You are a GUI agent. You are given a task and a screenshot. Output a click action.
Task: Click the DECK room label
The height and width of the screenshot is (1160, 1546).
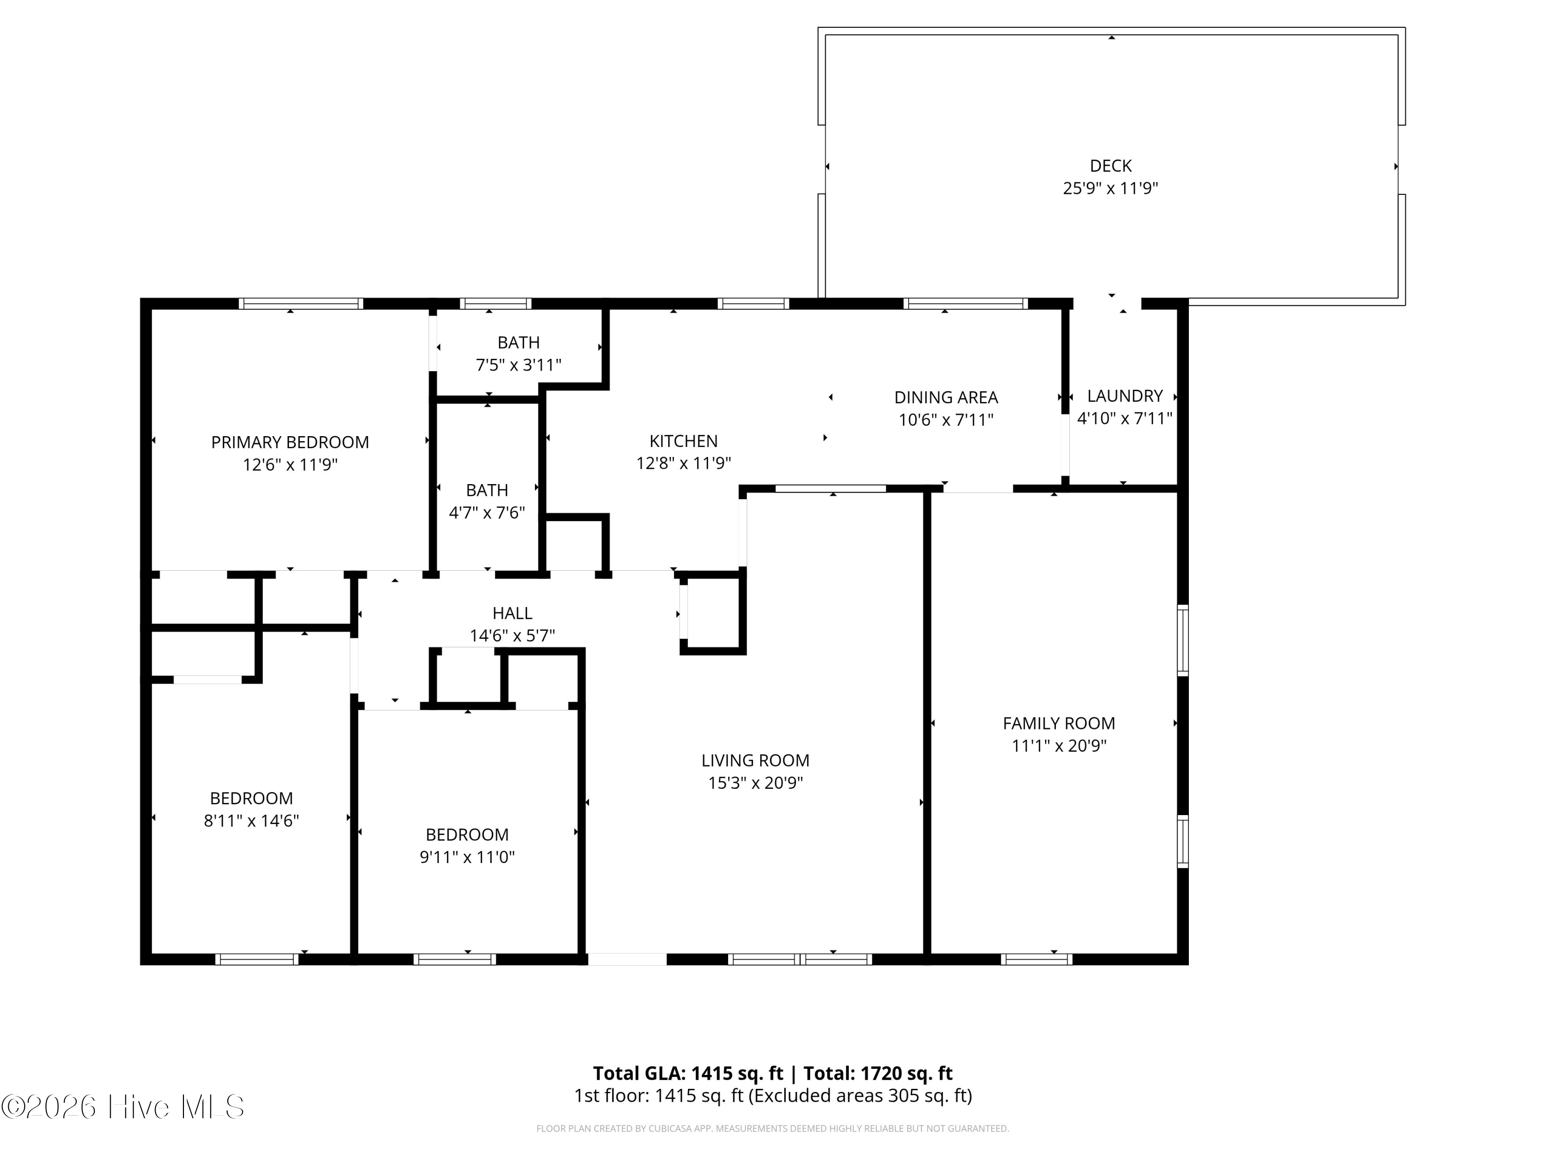coord(1110,165)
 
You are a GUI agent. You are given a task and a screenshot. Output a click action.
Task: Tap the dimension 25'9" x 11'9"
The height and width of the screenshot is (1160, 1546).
coord(1110,188)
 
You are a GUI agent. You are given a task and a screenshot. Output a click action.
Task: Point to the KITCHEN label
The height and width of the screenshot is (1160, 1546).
coord(683,441)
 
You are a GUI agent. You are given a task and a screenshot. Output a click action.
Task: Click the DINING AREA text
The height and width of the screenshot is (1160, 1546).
coord(946,397)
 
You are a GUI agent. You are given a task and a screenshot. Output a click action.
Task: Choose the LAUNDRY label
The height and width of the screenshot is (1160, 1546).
coord(1124,396)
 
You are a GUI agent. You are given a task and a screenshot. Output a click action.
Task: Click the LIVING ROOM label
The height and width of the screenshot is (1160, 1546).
coord(755,760)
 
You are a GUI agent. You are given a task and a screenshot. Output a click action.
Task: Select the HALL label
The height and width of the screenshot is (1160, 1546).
coord(512,613)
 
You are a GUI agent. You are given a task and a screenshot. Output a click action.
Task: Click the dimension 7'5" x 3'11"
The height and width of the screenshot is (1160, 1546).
coord(518,365)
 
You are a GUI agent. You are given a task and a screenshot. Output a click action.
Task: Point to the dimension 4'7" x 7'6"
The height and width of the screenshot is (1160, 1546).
coord(486,512)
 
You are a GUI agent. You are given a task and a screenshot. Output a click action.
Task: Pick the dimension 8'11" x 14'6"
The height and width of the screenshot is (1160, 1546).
coord(251,820)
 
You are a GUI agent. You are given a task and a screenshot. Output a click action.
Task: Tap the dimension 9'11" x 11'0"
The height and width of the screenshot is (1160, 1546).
coord(467,856)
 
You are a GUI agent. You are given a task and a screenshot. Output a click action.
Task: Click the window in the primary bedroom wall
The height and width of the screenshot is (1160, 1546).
coord(300,304)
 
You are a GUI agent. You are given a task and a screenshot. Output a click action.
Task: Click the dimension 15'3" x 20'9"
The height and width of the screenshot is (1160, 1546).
coord(755,783)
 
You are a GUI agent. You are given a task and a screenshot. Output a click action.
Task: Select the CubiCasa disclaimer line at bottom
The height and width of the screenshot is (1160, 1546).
coord(772,1129)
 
